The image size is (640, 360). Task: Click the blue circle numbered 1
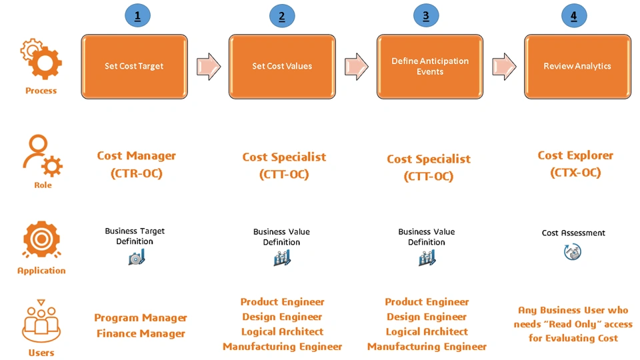(x=137, y=15)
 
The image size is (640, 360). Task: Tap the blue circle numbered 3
(x=426, y=15)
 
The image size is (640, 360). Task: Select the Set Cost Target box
(x=134, y=67)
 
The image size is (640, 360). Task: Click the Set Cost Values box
(x=282, y=67)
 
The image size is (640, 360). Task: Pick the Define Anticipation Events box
(x=430, y=67)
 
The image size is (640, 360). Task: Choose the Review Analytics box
(x=577, y=67)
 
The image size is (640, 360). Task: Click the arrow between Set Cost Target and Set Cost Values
(x=209, y=66)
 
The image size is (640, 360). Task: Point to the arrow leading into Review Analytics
(x=504, y=66)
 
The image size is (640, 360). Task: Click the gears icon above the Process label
(x=41, y=59)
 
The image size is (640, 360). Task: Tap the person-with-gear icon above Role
(x=43, y=155)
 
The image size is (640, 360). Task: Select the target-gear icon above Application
(x=41, y=240)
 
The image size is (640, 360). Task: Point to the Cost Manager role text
(x=136, y=164)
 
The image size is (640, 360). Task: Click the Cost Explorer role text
(x=575, y=163)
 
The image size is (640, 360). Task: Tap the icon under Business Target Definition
(x=137, y=257)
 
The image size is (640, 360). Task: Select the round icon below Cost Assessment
(x=573, y=252)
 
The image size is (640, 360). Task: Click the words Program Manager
(x=141, y=318)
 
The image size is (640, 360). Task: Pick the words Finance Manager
(x=141, y=334)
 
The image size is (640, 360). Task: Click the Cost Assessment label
(x=573, y=233)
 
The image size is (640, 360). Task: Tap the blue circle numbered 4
(x=573, y=15)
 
